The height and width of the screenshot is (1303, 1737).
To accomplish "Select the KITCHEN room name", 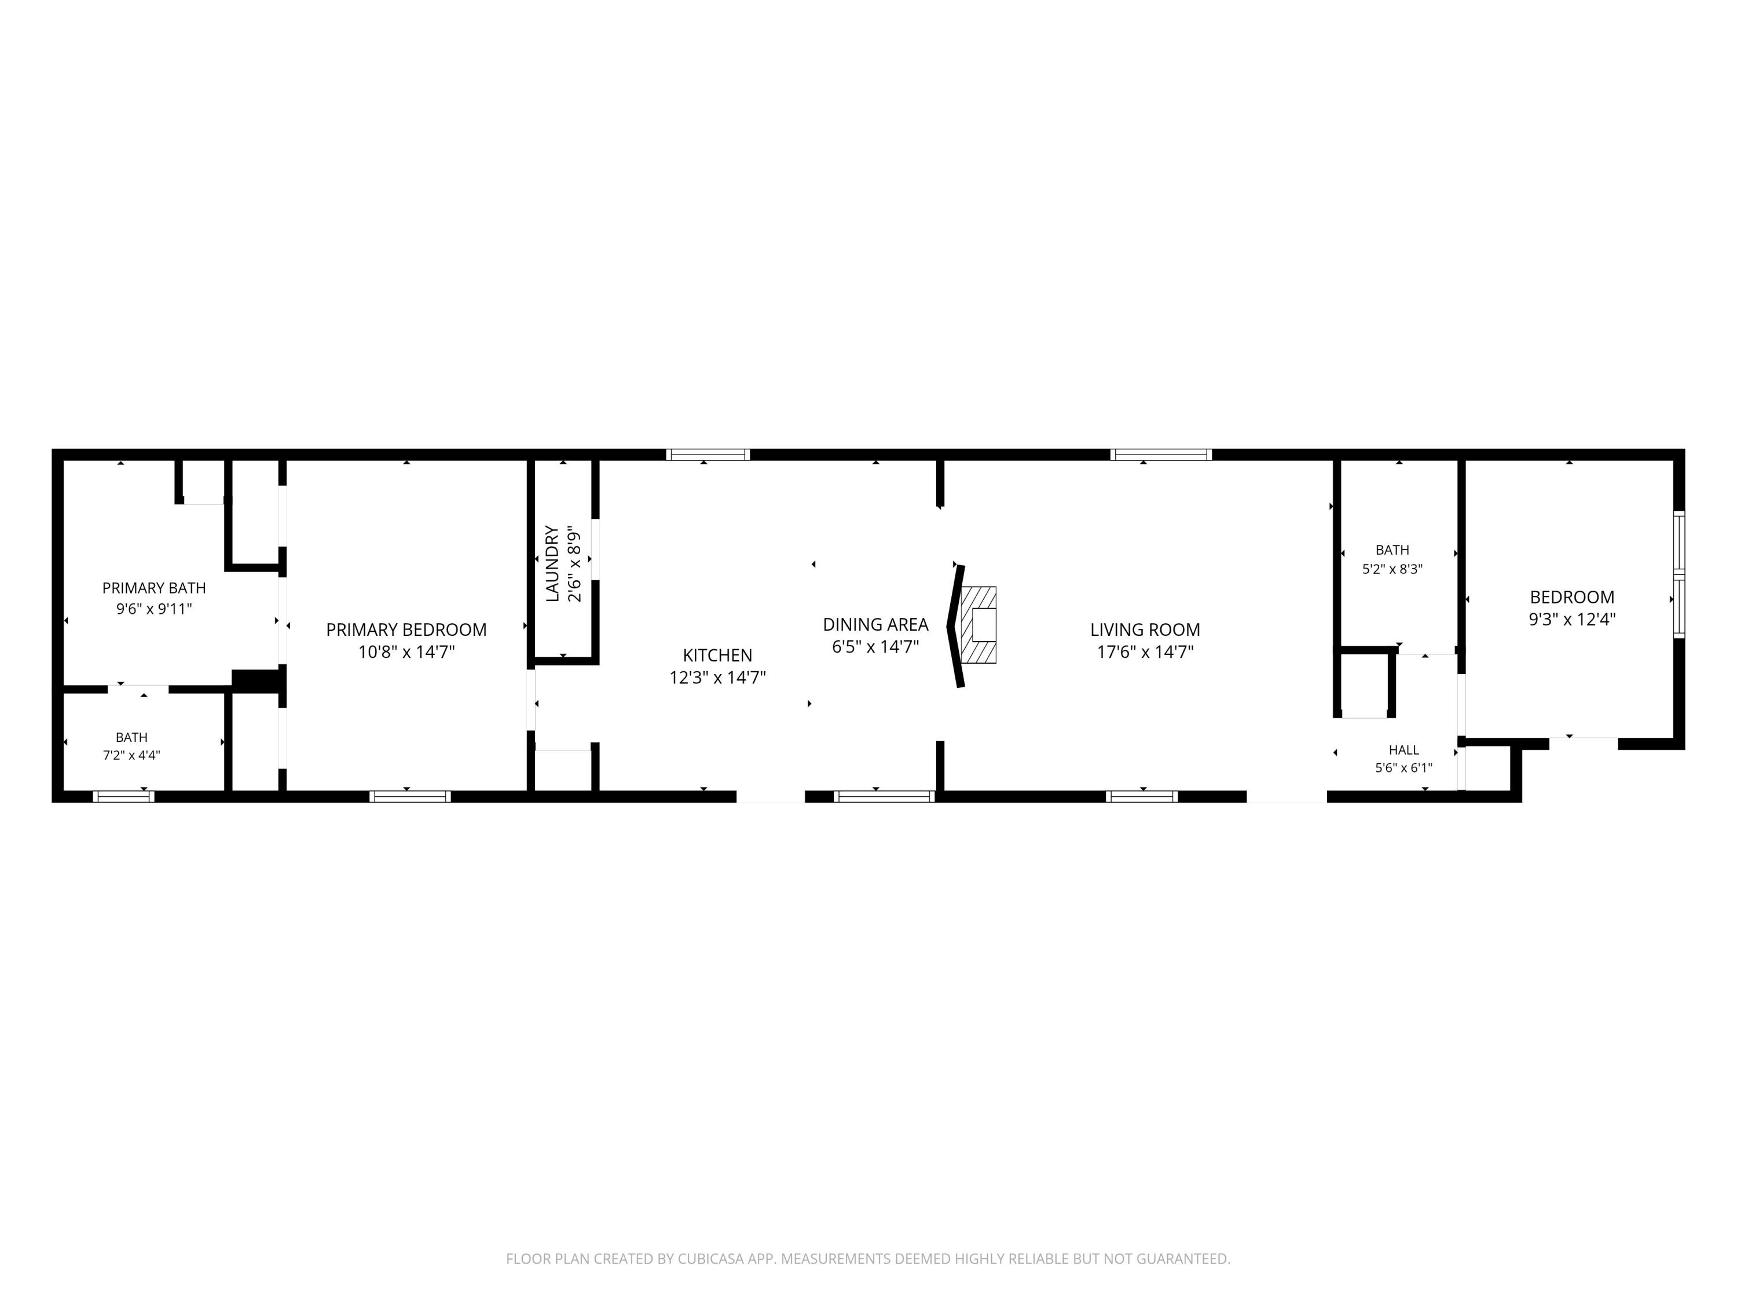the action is [x=717, y=655].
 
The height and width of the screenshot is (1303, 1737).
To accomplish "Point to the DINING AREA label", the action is [x=875, y=624].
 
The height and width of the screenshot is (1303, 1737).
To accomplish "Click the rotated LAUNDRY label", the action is [x=552, y=564].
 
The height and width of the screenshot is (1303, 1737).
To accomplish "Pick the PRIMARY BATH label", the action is [x=154, y=587].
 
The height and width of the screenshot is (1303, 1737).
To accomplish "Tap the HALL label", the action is [x=1404, y=750].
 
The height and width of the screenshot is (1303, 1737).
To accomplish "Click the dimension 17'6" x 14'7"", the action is [x=1145, y=651].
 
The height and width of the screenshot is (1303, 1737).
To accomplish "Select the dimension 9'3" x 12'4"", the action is [x=1572, y=619].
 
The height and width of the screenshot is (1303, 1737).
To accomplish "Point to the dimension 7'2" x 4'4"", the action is [x=131, y=756].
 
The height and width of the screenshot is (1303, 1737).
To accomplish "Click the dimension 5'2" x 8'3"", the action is [x=1392, y=569].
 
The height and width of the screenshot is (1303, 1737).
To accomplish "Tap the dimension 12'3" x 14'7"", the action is [x=717, y=677].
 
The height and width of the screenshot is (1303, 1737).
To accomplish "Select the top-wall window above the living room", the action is [x=1161, y=455].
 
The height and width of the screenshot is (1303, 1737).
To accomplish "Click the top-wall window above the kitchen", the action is [x=708, y=455].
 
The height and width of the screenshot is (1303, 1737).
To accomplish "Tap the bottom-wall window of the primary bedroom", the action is [x=410, y=796].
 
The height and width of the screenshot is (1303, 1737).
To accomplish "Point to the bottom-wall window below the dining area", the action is [x=884, y=796].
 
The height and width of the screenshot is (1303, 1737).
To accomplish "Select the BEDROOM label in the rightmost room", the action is [x=1572, y=597].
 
